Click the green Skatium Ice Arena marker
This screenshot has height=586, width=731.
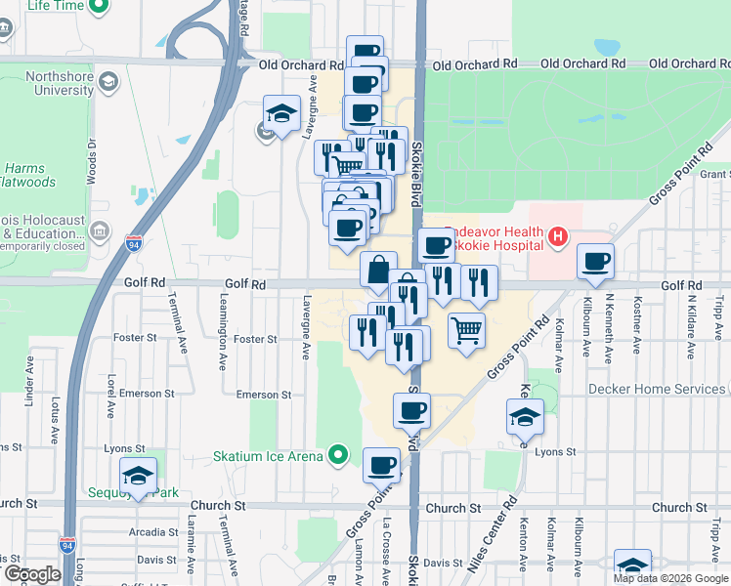pos(339,454)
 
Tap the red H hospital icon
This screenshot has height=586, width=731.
pos(557,235)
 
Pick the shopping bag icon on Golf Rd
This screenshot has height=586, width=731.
pos(378,270)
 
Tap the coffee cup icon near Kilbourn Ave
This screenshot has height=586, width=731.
pos(595,262)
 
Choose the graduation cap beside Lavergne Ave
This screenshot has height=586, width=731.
pos(281,114)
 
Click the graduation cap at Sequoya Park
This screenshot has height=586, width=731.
pos(139,477)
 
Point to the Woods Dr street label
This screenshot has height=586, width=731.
pos(92,161)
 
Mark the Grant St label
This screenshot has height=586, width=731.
pos(715,174)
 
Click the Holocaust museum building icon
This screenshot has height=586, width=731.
pos(99,231)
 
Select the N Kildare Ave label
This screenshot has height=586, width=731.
pos(691,317)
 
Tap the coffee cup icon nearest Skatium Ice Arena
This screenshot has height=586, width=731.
pos(381,466)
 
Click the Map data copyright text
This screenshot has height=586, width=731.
pos(670,578)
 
